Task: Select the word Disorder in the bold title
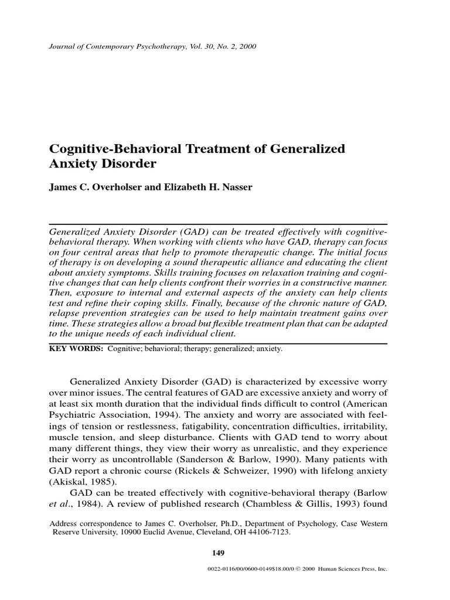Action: (x=131, y=164)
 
